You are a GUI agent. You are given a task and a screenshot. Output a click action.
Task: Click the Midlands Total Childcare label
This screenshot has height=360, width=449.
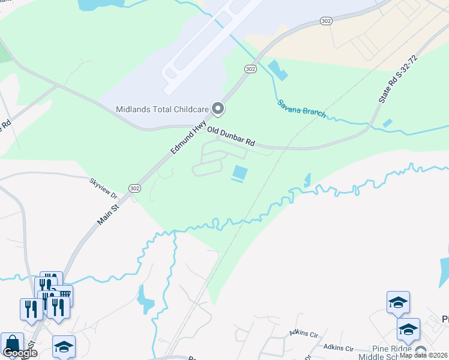pos(161,109)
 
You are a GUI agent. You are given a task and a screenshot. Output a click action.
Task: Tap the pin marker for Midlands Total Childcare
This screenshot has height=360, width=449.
pos(218,109)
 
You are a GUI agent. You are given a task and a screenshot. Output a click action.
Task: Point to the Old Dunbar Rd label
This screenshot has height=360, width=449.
pos(231,137)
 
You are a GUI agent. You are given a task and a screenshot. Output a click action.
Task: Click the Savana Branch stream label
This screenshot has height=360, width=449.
pos(301,108)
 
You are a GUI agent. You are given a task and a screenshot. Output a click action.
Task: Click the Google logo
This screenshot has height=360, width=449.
pos(19,353)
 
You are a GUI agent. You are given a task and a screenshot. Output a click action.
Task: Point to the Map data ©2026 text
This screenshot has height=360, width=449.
pos(424,355)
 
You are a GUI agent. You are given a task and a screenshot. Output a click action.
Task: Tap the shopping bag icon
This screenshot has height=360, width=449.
pos(12,344)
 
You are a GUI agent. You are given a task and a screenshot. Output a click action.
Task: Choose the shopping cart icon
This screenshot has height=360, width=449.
pos(64,294)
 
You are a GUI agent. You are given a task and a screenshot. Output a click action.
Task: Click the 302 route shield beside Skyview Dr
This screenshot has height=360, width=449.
pos(133,188)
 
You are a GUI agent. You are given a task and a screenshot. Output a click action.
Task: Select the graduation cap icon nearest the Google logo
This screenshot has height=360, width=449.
pos(64,347)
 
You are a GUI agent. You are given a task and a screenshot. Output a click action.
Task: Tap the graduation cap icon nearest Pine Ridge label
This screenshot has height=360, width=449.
pos(408,329)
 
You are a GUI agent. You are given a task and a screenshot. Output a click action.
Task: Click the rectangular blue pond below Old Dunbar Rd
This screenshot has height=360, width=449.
pos(240,173)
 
